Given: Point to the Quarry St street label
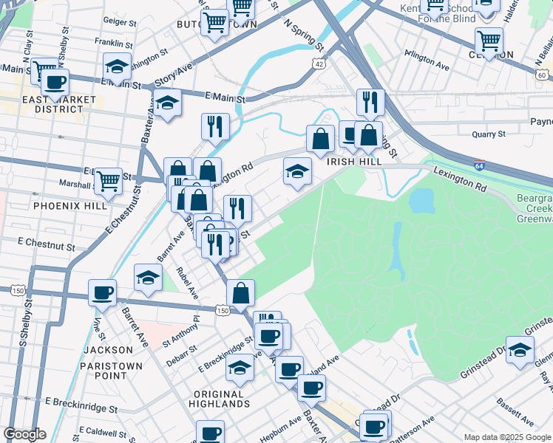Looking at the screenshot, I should coord(489,134).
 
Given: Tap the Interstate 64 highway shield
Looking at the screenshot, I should coord(479,166).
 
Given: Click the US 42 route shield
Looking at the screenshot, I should coord(318,65).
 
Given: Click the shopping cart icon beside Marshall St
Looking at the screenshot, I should coord(109,179).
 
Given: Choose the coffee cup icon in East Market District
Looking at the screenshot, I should coord(55,82).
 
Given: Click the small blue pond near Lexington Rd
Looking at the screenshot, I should coord(421,199).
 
